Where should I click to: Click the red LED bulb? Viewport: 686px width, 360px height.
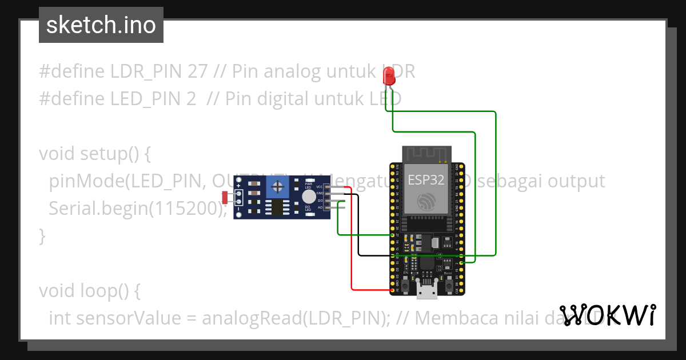(389, 75)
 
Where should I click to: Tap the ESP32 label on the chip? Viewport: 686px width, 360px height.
(426, 180)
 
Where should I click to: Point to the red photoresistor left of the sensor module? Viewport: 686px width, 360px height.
(225, 197)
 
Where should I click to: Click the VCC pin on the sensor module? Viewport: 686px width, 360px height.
(326, 187)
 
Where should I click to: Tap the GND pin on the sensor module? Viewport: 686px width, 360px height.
(326, 194)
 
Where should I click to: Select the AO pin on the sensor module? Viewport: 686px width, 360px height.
(326, 207)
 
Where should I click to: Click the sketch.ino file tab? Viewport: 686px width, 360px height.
(101, 25)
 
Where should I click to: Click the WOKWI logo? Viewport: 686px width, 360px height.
(608, 315)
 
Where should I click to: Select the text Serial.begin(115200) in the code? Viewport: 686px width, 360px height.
(138, 208)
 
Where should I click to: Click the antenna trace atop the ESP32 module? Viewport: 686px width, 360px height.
(427, 153)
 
